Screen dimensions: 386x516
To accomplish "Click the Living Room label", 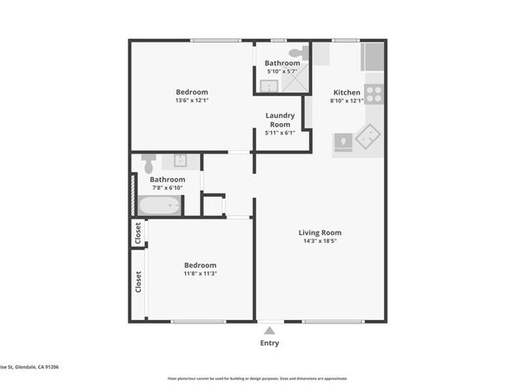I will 320,232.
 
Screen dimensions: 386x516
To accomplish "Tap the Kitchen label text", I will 347,92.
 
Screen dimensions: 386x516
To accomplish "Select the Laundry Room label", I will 280,119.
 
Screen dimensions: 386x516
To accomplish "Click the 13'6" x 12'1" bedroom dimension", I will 192,101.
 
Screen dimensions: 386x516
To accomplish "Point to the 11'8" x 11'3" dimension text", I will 200,274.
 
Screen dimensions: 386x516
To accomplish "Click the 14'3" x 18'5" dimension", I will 320,242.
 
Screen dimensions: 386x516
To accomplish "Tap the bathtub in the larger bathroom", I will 159,206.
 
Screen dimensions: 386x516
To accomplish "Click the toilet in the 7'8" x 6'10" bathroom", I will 149,163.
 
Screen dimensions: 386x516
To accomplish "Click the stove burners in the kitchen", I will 374,93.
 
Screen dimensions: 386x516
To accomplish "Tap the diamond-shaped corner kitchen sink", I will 368,136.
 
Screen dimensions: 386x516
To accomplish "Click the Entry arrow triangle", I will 271,330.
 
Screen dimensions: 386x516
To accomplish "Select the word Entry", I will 271,343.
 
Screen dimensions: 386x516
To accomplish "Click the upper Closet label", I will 137,233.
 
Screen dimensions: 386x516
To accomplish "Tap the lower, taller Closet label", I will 137,283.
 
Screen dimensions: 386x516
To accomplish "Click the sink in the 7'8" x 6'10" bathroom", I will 181,160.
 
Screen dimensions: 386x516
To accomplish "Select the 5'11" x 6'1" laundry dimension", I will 280,133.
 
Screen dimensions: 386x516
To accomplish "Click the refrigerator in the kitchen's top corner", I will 374,56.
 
